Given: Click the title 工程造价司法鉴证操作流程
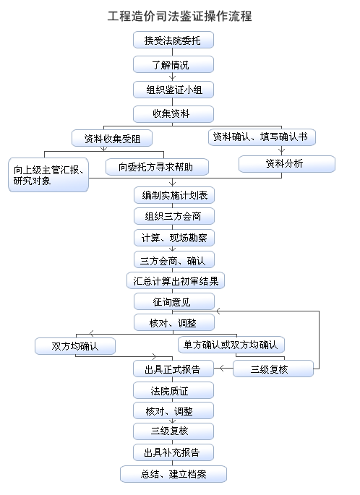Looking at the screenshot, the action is (179, 16).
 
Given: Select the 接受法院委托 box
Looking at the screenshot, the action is (173, 40).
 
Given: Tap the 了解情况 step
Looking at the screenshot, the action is (173, 65).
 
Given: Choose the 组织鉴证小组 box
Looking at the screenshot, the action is (173, 90).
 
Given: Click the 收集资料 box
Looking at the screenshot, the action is (173, 114).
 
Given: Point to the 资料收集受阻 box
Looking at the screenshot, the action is (112, 138).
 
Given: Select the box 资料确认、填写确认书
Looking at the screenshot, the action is (262, 137).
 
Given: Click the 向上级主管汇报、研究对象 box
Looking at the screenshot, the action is (48, 175).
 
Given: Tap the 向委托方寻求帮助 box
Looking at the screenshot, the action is (157, 167).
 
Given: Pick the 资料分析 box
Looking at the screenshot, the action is (287, 164).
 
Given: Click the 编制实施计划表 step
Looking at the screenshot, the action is (174, 195).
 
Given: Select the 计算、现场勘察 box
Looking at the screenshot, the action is (174, 238).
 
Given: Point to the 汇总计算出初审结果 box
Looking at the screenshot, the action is (176, 280).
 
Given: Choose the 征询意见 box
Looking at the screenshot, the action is (174, 301).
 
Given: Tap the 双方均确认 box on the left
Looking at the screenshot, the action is (75, 346).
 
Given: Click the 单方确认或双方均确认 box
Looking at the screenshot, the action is (231, 345).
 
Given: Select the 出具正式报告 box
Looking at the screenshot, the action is (173, 369).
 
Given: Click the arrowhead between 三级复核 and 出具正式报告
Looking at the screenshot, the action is (222, 368).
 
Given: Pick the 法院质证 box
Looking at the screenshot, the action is (173, 390).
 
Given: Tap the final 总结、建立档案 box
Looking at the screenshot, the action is (173, 474).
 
